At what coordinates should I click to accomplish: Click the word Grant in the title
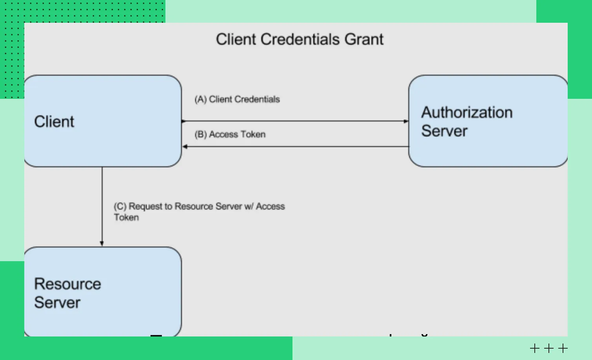coord(364,40)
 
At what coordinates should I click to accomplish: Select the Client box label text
coord(54,122)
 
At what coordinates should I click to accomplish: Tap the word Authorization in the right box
coord(467,113)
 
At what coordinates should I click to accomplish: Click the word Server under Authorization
coord(444,131)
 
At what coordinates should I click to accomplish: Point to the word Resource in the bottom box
coord(67,284)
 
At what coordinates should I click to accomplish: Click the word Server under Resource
coord(57,302)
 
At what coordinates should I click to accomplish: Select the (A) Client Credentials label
coord(237,99)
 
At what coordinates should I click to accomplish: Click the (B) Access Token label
coord(230,135)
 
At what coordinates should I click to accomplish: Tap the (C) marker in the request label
coord(120,206)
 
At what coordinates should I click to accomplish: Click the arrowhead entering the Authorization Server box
coord(406,121)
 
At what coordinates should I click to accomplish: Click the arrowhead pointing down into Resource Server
coord(102,244)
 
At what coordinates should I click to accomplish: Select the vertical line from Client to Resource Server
coord(102,204)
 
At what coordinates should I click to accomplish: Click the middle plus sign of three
coord(549,348)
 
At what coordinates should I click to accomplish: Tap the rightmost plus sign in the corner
coord(563,348)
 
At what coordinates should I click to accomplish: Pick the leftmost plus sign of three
coord(535,348)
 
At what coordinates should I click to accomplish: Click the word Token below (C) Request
coord(126,218)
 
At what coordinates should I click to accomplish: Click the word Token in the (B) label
coord(253,135)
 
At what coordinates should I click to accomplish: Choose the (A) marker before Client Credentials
coord(200,99)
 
